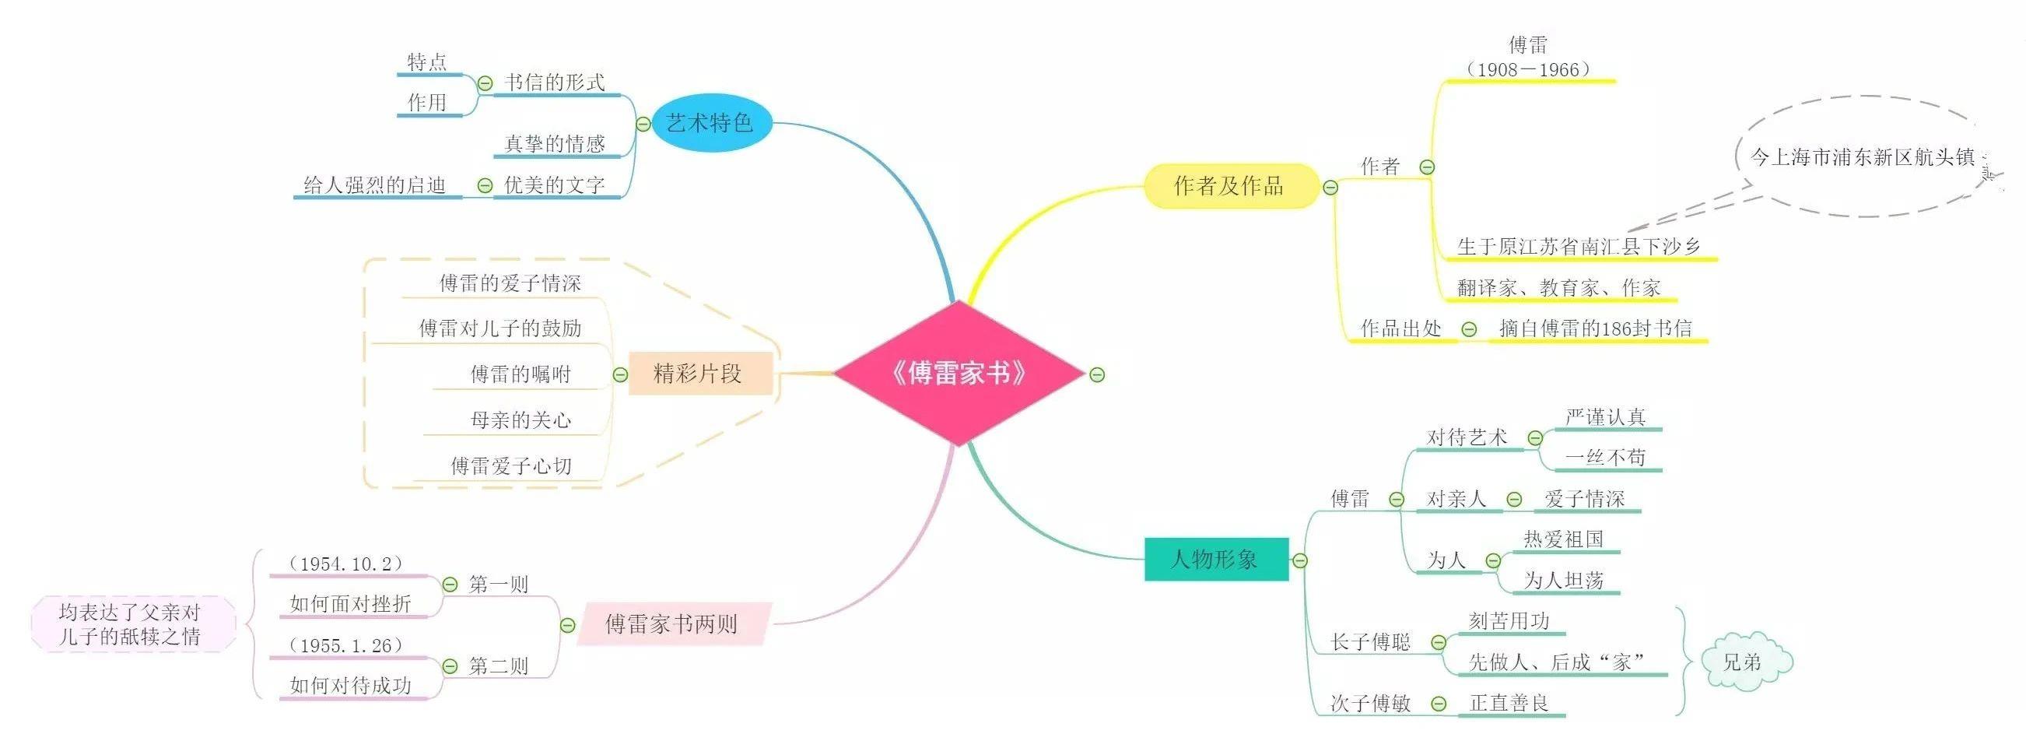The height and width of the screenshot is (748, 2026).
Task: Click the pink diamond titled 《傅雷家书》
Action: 959,373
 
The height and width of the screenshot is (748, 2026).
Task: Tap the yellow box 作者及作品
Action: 1229,185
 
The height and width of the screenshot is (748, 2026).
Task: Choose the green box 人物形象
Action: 1215,559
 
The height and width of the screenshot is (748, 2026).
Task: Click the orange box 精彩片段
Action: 699,374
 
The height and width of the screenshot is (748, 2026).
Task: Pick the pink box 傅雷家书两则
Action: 672,624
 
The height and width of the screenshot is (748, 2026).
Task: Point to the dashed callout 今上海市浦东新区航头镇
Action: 1861,157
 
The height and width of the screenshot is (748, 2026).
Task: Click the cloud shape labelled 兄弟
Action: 1745,662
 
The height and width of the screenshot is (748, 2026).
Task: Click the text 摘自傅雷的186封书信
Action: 1596,328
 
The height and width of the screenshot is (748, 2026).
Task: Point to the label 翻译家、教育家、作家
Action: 1559,288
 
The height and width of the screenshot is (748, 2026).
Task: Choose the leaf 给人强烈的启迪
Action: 375,185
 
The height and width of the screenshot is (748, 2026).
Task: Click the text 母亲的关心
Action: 521,420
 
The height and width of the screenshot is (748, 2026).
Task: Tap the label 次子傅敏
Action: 1371,703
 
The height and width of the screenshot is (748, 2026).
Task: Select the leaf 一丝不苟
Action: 1605,458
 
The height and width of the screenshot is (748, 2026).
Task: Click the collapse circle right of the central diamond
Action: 1097,375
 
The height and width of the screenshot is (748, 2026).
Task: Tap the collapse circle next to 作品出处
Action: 1469,329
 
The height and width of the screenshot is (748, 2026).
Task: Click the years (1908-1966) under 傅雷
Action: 1527,70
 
